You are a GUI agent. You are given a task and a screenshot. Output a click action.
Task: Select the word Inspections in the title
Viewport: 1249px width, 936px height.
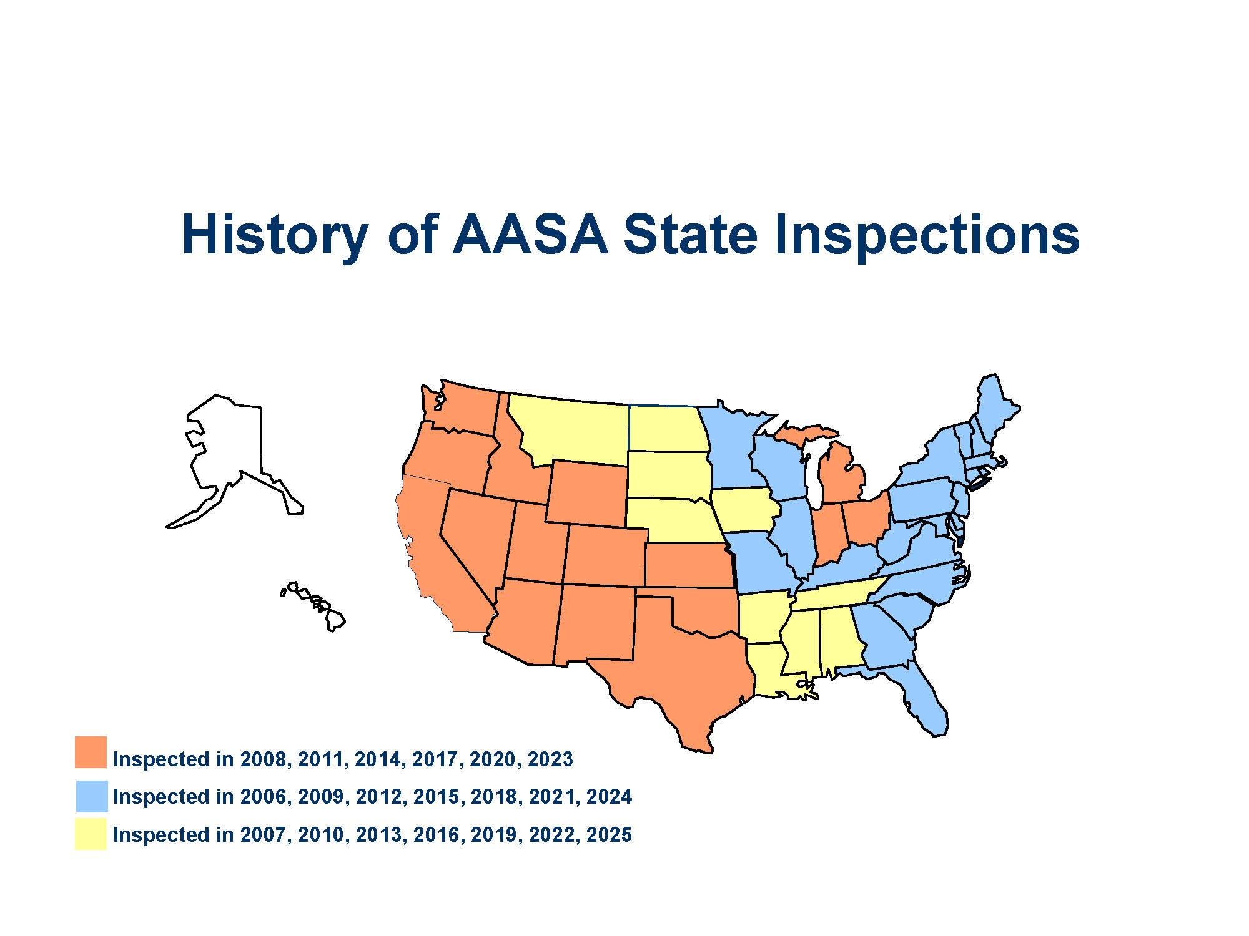tap(927, 236)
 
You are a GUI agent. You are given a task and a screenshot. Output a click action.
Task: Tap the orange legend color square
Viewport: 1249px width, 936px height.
tap(91, 752)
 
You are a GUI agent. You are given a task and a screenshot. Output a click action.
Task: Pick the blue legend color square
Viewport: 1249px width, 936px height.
tap(92, 796)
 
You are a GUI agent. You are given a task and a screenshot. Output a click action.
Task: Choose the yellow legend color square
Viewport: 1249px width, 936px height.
tap(91, 834)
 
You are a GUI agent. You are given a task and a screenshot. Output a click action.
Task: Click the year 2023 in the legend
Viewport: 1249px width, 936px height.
tap(550, 759)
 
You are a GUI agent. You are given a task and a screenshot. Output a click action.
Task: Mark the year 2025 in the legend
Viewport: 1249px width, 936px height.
tap(609, 835)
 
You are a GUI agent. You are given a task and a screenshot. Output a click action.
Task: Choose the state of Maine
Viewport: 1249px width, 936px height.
tap(996, 409)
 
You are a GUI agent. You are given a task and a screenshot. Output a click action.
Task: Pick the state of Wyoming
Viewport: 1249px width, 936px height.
tap(587, 493)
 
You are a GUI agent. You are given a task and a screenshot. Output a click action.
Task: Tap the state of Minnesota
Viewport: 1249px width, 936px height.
tap(731, 446)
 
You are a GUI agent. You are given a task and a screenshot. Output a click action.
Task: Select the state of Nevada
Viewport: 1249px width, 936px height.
tap(478, 537)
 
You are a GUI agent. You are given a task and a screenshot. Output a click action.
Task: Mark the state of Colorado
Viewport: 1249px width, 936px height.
tap(606, 555)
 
